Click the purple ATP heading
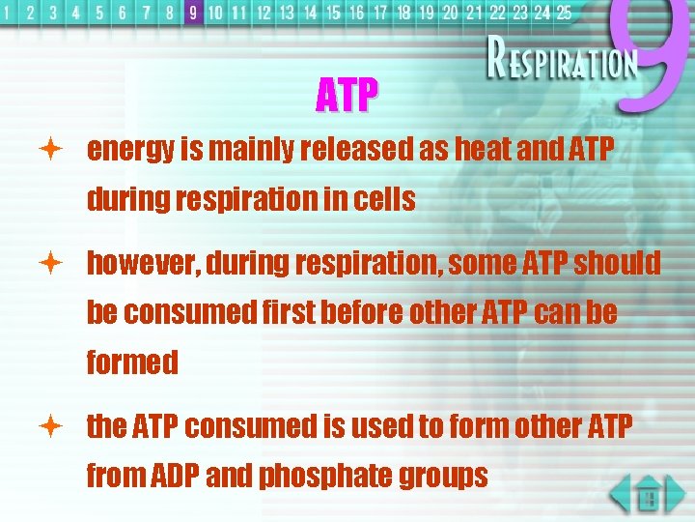pyautogui.click(x=347, y=95)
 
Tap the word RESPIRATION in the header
pyautogui.click(x=562, y=64)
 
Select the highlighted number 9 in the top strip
pyautogui.click(x=193, y=13)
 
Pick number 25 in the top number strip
pyautogui.click(x=564, y=13)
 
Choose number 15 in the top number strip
pyautogui.click(x=333, y=13)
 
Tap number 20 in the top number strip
pyautogui.click(x=450, y=13)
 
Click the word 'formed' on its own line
pyautogui.click(x=132, y=363)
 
